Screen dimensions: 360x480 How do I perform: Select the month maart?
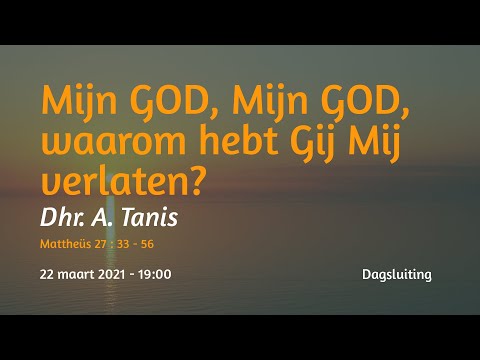(76, 273)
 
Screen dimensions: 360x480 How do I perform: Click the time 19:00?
(155, 273)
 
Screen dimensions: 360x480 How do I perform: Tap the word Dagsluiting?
(398, 274)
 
